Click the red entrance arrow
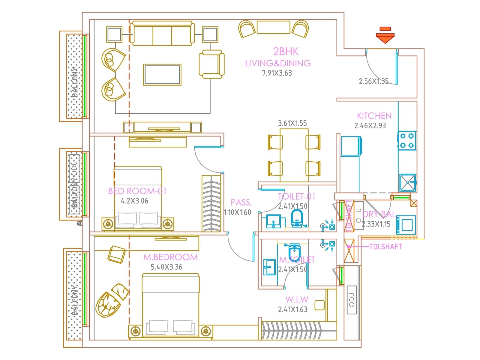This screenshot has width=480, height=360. point(385,36)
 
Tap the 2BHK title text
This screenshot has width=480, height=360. point(286,52)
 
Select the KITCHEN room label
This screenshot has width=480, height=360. point(374,116)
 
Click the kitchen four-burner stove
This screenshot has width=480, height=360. point(407,140)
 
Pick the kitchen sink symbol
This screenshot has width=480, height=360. point(407,183)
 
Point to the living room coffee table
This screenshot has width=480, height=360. point(162,75)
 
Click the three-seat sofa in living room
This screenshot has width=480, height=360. point(162,33)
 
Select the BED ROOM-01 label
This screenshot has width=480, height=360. point(137,191)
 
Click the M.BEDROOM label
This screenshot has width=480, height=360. point(170,257)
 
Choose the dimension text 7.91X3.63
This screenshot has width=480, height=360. point(277,73)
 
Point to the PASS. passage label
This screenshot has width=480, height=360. point(241,202)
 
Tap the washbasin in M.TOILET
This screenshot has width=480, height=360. point(269,267)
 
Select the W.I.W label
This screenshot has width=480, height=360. point(297,299)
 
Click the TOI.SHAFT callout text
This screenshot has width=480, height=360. point(385,247)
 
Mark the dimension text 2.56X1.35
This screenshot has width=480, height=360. point(373,81)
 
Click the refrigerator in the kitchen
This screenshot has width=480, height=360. point(351,146)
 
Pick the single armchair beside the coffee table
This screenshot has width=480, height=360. point(211,64)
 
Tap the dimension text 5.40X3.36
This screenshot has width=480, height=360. point(166,267)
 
